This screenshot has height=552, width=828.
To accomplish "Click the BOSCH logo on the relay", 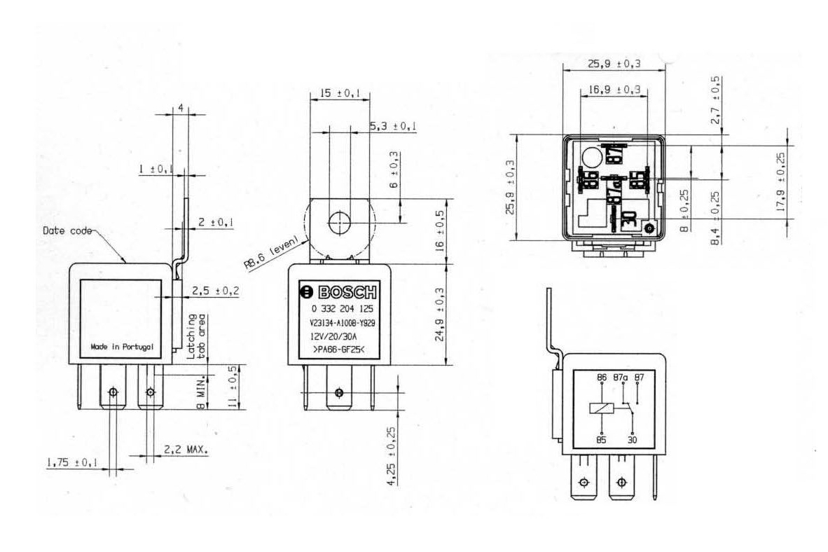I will point(339,292).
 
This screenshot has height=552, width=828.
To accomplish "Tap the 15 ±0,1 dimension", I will point(335,93).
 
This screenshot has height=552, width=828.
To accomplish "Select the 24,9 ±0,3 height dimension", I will point(441,314).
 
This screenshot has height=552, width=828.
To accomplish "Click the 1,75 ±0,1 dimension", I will point(71,462).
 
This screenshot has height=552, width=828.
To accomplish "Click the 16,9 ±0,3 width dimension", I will point(614,90).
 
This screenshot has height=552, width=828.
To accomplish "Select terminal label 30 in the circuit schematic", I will point(633,441).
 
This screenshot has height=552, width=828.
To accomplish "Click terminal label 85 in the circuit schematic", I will point(600,441).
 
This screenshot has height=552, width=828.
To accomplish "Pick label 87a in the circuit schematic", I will point(620,378).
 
